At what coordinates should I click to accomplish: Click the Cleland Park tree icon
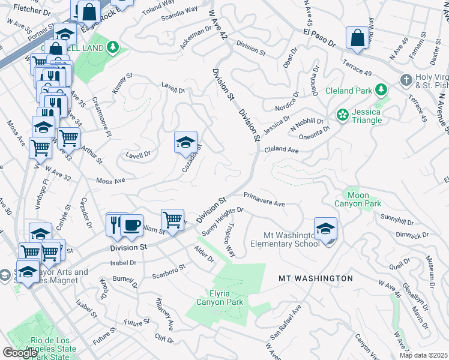pyautogui.click(x=381, y=90)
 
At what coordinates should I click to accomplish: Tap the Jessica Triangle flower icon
pyautogui.click(x=343, y=115)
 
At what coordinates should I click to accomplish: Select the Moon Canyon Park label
pyautogui.click(x=359, y=200)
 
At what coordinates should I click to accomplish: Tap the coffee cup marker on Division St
pyautogui.click(x=131, y=225)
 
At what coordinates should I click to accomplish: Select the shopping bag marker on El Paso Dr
pyautogui.click(x=357, y=37)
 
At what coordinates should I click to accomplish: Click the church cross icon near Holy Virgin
pyautogui.click(x=406, y=80)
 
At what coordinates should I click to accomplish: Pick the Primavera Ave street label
pyautogui.click(x=264, y=199)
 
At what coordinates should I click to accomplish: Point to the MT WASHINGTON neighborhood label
pyautogui.click(x=315, y=278)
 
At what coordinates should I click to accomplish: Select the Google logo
pyautogui.click(x=20, y=353)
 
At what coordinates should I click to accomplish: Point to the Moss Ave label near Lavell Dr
pyautogui.click(x=110, y=180)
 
